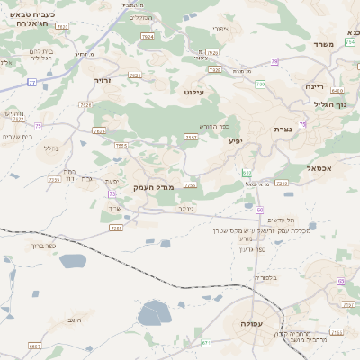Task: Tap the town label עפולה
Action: [245, 322]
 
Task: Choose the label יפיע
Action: [236, 140]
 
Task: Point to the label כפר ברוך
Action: [43, 245]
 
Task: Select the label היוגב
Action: [75, 320]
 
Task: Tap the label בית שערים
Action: [17, 136]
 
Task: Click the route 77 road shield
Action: [32, 83]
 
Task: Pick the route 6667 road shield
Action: [35, 345]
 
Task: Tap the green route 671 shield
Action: [206, 342]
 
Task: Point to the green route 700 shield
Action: [260, 85]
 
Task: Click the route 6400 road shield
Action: [337, 91]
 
